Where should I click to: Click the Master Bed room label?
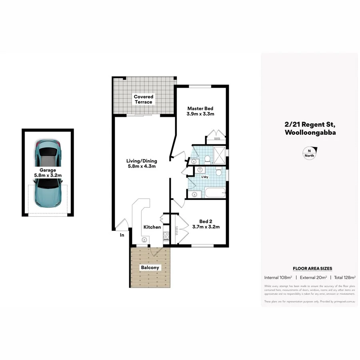tap(200, 108)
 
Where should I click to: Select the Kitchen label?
tap(152, 227)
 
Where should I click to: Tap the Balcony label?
tap(150, 268)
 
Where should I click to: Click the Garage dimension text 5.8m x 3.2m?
tap(48, 175)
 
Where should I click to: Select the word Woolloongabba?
tap(310, 133)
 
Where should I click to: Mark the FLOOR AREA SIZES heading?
tap(312, 268)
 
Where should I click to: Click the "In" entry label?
tap(122, 235)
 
